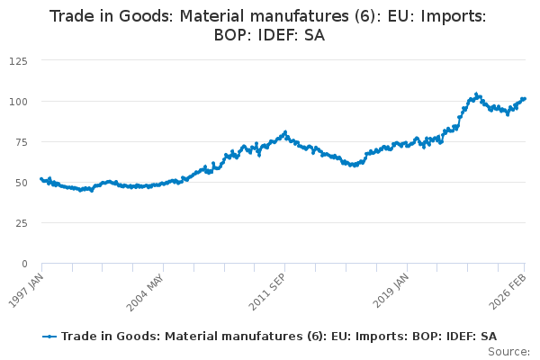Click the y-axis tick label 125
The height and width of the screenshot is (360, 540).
tap(19, 60)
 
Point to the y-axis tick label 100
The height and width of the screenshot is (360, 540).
tap(19, 101)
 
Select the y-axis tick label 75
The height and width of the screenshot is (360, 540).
tap(22, 141)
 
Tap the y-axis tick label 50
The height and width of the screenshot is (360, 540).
tap(22, 182)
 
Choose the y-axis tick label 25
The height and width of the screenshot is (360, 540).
tap(22, 222)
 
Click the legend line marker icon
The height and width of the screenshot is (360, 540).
tap(50, 336)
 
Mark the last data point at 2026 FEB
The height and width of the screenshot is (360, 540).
tap(525, 99)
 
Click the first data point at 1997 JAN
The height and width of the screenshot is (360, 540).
tap(41, 179)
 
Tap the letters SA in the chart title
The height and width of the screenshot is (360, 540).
tap(313, 36)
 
